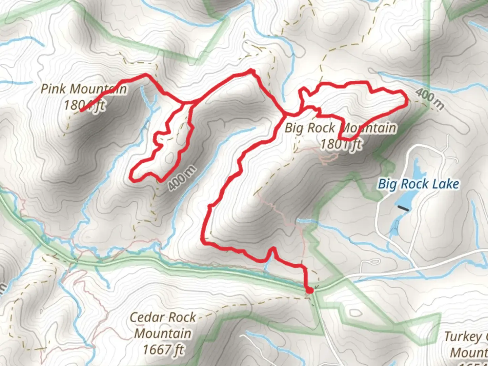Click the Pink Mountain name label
(x=84, y=89)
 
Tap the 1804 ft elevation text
(x=84, y=105)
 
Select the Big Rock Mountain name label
(x=340, y=128)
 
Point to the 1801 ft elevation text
(x=341, y=144)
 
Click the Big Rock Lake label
(x=419, y=184)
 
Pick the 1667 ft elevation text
(x=163, y=349)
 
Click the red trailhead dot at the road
(x=309, y=290)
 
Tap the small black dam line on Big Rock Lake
(x=403, y=208)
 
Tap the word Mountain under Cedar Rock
(x=163, y=333)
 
